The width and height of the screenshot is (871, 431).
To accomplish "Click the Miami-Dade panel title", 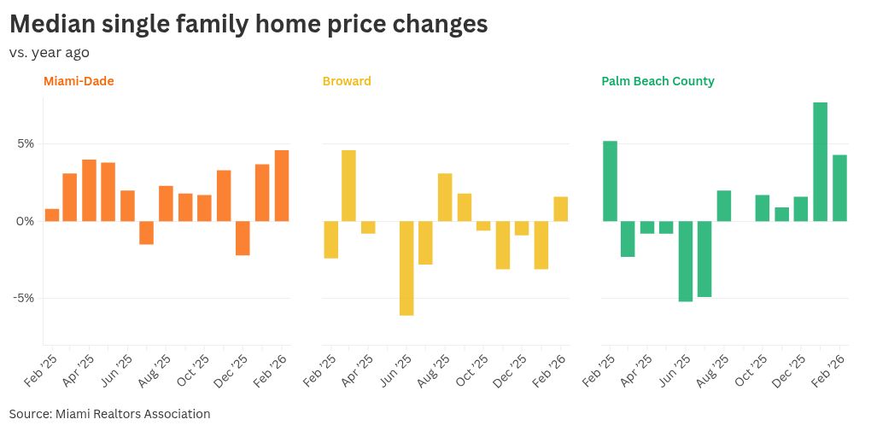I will (x=79, y=81).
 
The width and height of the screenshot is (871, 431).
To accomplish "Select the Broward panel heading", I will (x=347, y=81).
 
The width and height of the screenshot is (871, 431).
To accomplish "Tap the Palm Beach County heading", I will (x=658, y=81).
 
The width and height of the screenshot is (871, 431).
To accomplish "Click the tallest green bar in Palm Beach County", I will (x=821, y=161).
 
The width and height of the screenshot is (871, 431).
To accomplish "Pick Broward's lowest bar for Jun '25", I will (x=406, y=268).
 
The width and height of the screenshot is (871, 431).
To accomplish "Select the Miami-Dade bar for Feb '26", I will (x=282, y=185).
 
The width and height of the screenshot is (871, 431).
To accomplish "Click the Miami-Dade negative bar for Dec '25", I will (x=243, y=238).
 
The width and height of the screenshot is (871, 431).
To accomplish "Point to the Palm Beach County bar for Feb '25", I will (x=610, y=181).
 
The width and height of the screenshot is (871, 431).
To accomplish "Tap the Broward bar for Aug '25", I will (x=445, y=197).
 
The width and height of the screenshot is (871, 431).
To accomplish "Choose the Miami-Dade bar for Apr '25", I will (x=89, y=190).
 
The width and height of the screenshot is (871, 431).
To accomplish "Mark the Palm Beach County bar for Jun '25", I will (x=686, y=261).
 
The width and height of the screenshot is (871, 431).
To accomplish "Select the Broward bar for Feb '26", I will (x=560, y=209).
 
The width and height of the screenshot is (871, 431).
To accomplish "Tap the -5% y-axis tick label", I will (x=22, y=298).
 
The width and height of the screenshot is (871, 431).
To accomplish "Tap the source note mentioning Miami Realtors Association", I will (x=109, y=414).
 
